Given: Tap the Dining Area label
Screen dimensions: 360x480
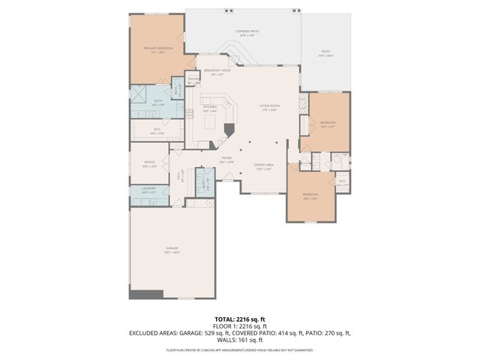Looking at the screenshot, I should click(x=262, y=166).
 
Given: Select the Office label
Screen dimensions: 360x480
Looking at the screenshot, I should click(x=149, y=164).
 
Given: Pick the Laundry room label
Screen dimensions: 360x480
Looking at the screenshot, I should click(x=148, y=191).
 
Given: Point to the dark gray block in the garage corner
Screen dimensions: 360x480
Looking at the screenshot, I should click(x=145, y=294).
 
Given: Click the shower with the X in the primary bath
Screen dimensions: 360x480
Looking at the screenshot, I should click(x=139, y=94).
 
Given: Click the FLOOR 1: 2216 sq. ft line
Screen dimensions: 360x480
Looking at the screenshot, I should click(x=239, y=326).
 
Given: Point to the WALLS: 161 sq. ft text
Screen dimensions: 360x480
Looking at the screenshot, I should click(x=239, y=340).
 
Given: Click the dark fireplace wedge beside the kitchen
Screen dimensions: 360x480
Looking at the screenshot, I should click(x=229, y=129).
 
